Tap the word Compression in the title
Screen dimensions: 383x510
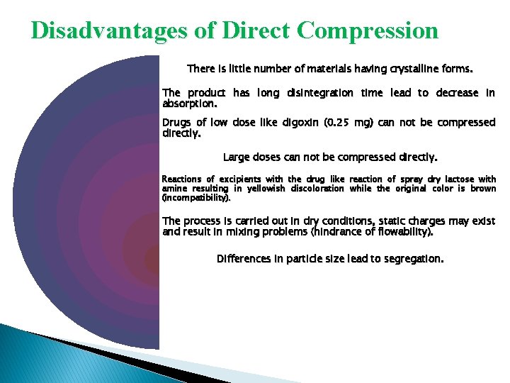[x=368, y=30]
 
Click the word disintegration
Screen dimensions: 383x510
[x=320, y=94]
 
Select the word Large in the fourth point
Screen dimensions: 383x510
[x=237, y=157]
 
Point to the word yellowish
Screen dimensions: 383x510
[x=266, y=189]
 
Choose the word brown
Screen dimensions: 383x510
[x=483, y=189]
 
